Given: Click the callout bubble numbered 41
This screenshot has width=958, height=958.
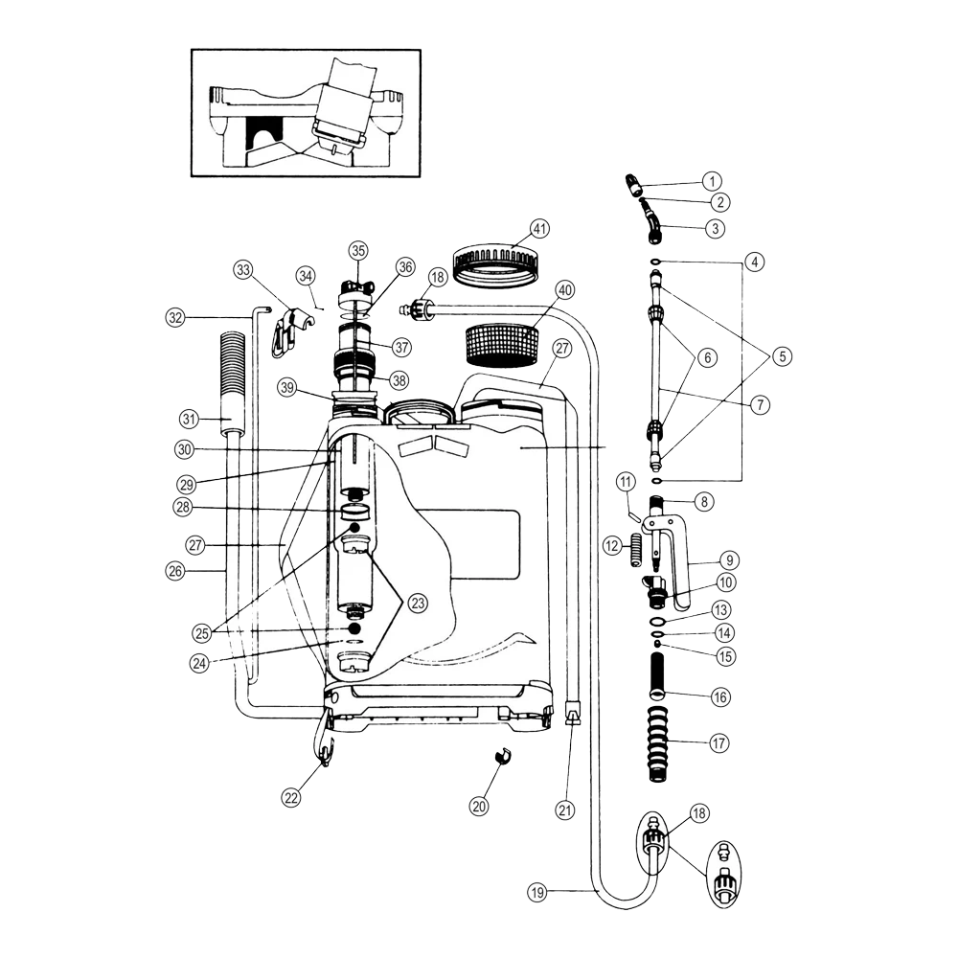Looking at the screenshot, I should point(540,229).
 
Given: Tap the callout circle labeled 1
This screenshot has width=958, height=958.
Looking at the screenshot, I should point(711,180).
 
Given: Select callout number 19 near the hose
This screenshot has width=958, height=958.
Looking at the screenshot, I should point(536,892).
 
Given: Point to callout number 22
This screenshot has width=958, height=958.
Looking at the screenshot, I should point(291,797).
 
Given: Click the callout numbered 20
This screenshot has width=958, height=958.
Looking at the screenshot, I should point(479,807).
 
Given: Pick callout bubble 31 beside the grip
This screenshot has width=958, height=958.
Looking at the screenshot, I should point(188,418).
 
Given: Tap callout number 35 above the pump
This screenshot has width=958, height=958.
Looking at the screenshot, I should point(358,250).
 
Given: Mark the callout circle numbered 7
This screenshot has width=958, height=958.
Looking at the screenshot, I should point(759,405).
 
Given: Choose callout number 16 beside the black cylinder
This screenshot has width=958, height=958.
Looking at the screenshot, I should point(720,697).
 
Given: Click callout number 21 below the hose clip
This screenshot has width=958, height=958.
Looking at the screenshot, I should point(566,810).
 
